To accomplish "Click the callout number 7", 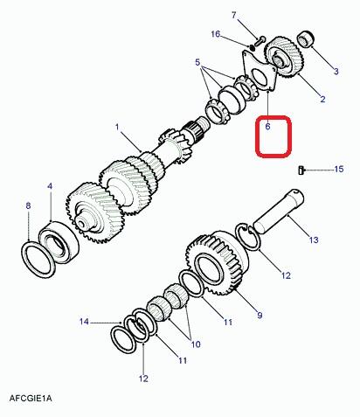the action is point(234,15).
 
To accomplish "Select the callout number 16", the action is point(216,34).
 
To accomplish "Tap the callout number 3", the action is point(336,71).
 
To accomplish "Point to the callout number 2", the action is point(322,99).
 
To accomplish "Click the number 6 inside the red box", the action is point(267,127).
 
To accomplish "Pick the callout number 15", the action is point(339,169).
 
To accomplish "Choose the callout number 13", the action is point(314,240).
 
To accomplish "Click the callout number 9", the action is point(260,315).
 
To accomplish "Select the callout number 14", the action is point(84,322).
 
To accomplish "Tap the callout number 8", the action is point(28,205).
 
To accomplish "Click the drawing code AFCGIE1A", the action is point(31,398).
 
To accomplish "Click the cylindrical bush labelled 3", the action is point(306,38).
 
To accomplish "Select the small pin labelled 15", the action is point(301,170).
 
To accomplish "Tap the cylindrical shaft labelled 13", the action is point(279,212).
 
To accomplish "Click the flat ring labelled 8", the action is point(38,259).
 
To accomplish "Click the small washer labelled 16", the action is point(252,47).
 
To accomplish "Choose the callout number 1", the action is point(117,127).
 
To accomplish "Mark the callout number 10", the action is point(196,344).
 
